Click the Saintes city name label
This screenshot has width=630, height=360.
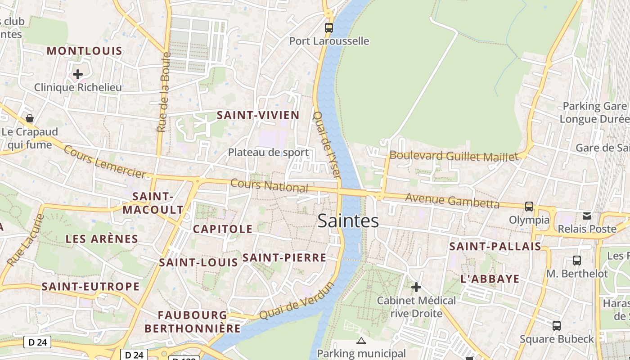click(348, 221)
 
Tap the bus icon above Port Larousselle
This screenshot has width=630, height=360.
click(329, 27)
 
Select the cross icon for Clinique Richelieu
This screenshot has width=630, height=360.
click(78, 74)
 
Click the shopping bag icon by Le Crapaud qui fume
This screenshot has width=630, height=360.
click(30, 118)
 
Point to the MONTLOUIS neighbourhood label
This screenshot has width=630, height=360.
click(85, 51)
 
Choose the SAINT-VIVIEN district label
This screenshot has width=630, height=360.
click(258, 115)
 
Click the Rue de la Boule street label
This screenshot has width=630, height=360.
click(164, 92)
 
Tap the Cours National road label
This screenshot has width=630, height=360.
click(269, 186)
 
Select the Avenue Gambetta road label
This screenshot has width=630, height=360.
click(452, 201)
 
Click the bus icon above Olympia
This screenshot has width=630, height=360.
click(529, 207)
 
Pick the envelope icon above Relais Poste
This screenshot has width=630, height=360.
click(587, 216)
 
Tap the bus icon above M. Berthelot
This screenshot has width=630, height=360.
click(576, 260)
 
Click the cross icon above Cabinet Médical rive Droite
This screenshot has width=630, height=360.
click(416, 287)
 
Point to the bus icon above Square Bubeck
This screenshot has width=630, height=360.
click(557, 325)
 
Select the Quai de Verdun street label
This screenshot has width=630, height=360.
click(297, 301)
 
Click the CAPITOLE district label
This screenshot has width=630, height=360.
click(223, 229)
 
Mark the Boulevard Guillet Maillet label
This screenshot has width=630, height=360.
click(454, 157)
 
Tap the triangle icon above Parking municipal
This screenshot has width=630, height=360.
click(361, 341)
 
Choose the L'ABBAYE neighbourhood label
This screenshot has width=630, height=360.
click(490, 279)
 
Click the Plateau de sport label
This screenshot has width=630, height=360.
click(268, 153)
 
